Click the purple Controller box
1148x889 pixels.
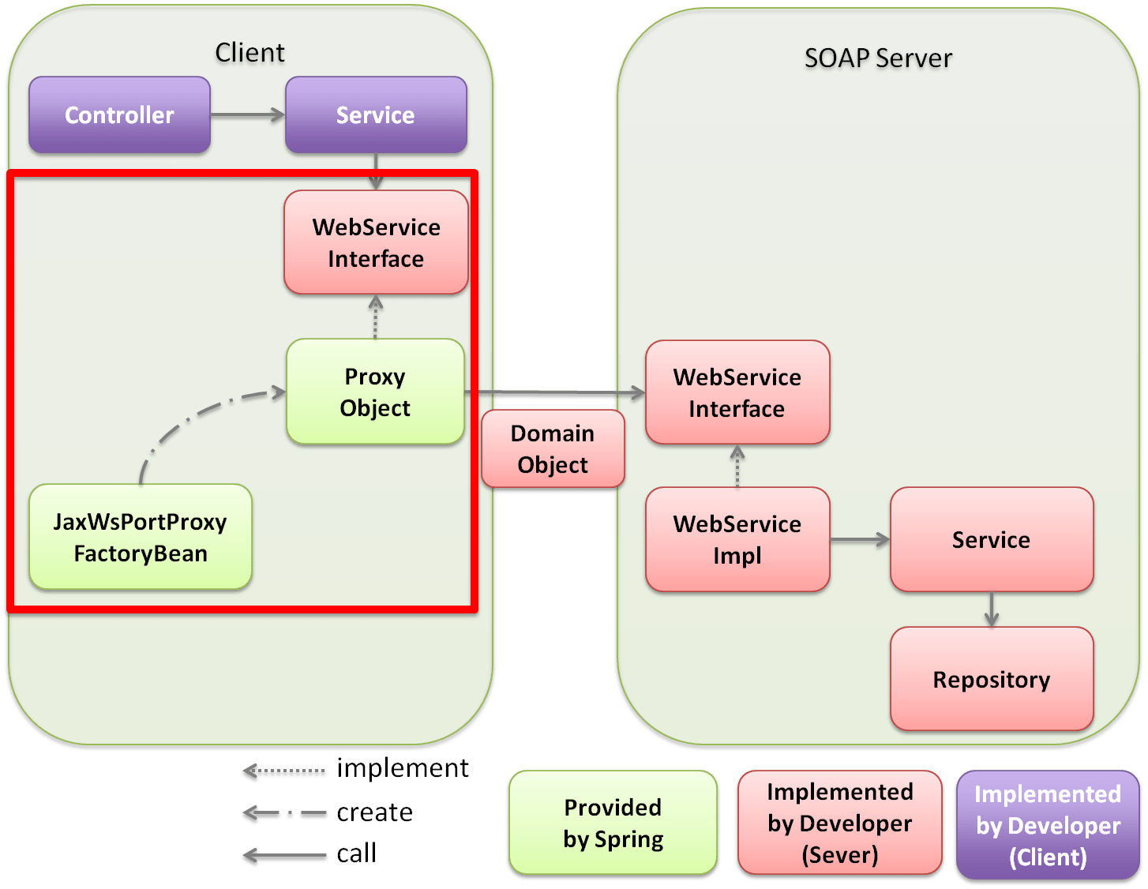click(119, 115)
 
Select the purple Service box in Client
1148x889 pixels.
click(376, 115)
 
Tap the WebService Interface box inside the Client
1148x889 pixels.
click(376, 242)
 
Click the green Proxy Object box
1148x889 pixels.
click(375, 392)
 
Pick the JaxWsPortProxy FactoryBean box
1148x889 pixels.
click(141, 537)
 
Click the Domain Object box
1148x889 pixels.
click(553, 448)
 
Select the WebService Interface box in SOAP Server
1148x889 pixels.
click(737, 392)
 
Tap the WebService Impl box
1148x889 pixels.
click(737, 539)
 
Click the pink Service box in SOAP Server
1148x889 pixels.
click(992, 539)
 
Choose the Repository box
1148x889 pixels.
click(992, 679)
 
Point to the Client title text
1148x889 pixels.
click(249, 53)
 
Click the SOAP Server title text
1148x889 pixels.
click(878, 58)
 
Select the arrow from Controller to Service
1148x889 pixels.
click(248, 116)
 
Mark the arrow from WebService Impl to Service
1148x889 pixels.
click(860, 540)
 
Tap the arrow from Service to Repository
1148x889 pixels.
click(992, 610)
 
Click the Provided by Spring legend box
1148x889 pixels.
click(613, 823)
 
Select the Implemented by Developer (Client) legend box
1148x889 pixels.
click(1048, 825)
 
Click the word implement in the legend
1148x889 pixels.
click(402, 767)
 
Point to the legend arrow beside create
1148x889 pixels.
click(285, 814)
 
